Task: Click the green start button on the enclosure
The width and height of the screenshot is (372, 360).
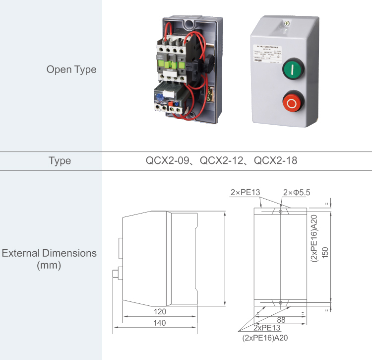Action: tap(294, 70)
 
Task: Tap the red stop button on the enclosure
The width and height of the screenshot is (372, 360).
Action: tap(292, 104)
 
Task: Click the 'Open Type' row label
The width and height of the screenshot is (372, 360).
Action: tap(71, 69)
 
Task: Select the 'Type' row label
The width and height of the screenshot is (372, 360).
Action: tap(60, 161)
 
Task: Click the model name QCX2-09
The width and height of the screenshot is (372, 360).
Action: tap(167, 161)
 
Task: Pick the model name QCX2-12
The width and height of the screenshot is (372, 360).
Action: tap(222, 161)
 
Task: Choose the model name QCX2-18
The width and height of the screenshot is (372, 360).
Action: tap(276, 161)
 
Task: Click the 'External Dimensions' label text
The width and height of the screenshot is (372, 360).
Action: tap(50, 253)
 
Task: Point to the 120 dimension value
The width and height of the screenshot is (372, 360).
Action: tap(160, 312)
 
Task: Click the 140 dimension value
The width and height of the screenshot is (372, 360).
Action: tap(160, 323)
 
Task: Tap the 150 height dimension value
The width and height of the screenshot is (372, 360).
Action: tap(325, 252)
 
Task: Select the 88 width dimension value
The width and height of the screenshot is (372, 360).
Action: tap(281, 320)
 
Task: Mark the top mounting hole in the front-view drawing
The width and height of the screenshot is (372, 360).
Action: tap(281, 212)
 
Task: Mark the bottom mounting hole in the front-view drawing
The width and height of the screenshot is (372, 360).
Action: tap(281, 301)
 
